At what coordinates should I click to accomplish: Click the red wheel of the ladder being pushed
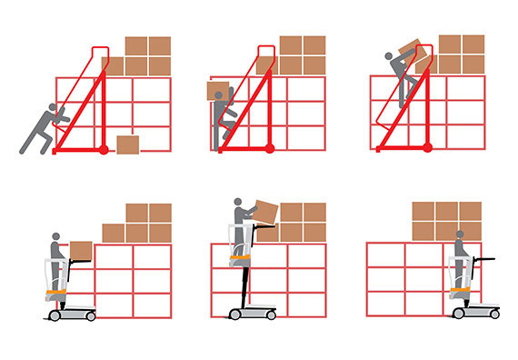point(103,147)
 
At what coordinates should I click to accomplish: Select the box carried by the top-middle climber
point(218,93)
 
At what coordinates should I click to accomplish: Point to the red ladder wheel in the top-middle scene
point(268,145)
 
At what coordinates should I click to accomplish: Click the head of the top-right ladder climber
point(392,56)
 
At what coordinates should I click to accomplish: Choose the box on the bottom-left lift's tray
point(81,250)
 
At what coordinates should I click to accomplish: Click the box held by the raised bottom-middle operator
point(265,211)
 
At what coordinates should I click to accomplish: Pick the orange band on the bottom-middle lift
point(238,263)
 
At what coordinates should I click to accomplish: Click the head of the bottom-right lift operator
point(460,235)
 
